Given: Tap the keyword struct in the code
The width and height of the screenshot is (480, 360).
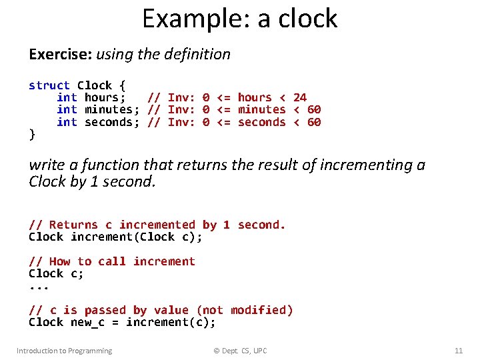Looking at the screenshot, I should coord(49,85).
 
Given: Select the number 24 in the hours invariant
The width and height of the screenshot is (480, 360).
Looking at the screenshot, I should coord(300,97).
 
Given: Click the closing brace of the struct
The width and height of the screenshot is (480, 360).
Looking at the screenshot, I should coord(32,134).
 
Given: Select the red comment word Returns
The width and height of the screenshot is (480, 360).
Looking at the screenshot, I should coord(73,225).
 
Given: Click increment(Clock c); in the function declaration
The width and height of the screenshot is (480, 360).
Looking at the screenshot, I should coord(136,237).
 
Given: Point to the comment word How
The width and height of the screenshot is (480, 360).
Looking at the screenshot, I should coord(60,261).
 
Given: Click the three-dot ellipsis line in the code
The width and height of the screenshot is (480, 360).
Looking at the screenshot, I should coord(39,287).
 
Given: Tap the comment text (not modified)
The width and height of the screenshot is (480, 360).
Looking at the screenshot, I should coord(245,310).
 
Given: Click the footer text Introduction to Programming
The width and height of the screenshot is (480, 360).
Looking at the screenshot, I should coord(65,351).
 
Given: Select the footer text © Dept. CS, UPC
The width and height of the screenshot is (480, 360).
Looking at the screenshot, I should coord(239,351).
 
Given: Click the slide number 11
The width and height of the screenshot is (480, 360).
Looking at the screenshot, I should coord(458,351).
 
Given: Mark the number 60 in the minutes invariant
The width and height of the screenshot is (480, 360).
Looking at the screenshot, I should coord(314,109).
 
